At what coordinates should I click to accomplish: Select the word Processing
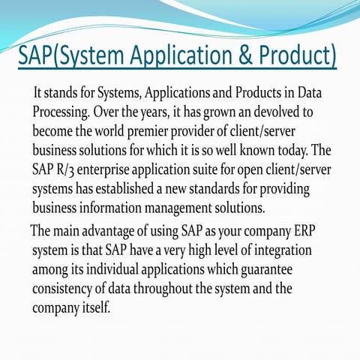click(61, 112)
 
